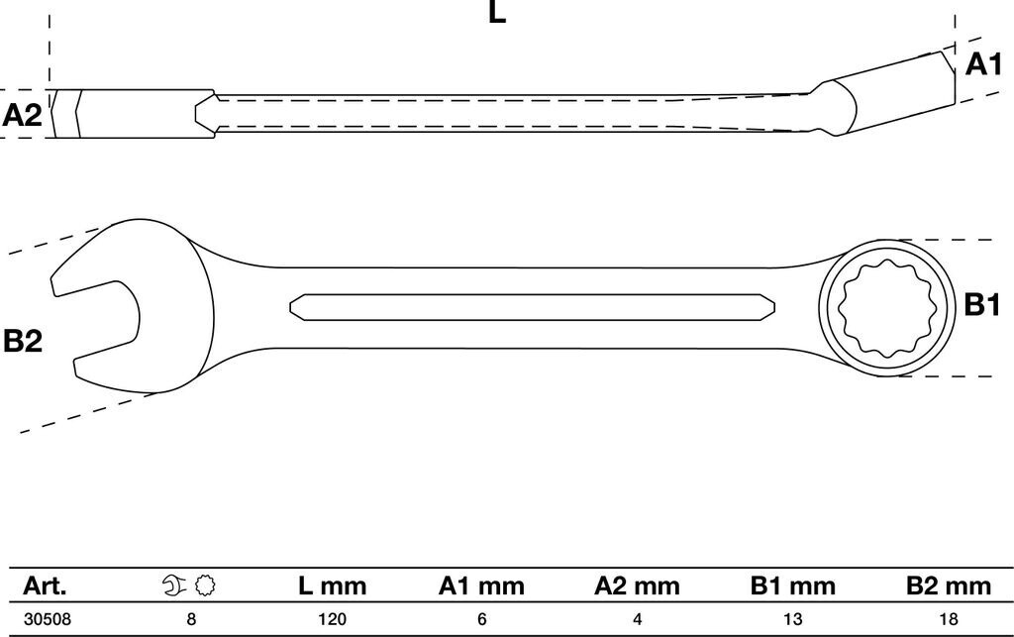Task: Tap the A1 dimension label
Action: pyautogui.click(x=983, y=64)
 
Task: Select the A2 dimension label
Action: pyautogui.click(x=22, y=115)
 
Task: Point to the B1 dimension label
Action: pyautogui.click(x=982, y=305)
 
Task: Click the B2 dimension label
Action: pyautogui.click(x=22, y=342)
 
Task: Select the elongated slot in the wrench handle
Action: pyautogui.click(x=530, y=306)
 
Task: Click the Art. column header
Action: pyautogui.click(x=46, y=586)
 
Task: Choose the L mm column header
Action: pyautogui.click(x=332, y=586)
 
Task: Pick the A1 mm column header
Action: pyautogui.click(x=481, y=586)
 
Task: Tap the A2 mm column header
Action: pyautogui.click(x=637, y=586)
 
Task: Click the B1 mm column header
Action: pyautogui.click(x=792, y=586)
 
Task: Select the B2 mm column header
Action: pyautogui.click(x=948, y=586)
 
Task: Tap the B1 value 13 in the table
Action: pyautogui.click(x=792, y=620)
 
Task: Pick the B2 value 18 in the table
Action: pyautogui.click(x=948, y=620)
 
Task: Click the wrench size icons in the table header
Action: pyautogui.click(x=188, y=586)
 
